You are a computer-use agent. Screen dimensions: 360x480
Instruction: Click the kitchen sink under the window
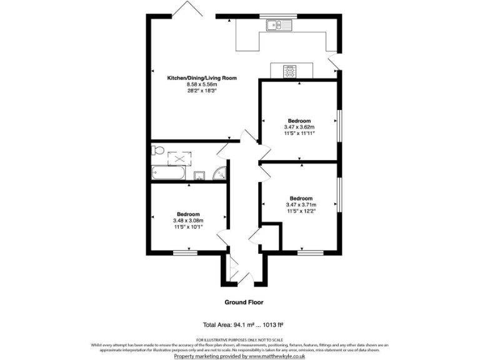pos(275,26)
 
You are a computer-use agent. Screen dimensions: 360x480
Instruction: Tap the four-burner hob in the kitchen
pos(289,71)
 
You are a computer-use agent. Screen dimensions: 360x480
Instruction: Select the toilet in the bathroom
pos(157,150)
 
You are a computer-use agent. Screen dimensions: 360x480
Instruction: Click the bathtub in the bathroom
pos(168,173)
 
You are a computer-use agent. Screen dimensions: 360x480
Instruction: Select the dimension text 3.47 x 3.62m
pos(299,127)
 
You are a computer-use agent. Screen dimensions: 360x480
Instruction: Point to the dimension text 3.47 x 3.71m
pos(301,204)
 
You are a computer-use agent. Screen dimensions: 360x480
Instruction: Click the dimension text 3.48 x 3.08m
pos(188,220)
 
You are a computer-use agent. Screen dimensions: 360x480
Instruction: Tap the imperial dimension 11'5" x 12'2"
pos(301,211)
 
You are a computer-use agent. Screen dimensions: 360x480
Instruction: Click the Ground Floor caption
pos(244,302)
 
